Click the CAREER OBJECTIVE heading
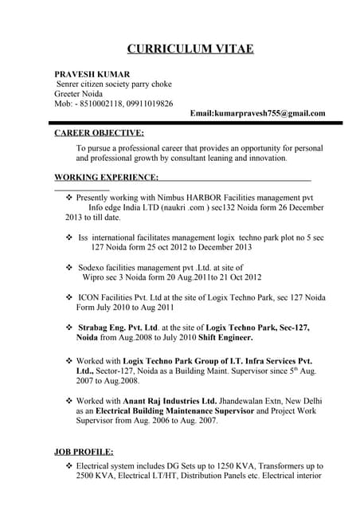point(99,133)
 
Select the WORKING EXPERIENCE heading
point(106,177)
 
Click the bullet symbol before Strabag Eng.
point(68,328)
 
